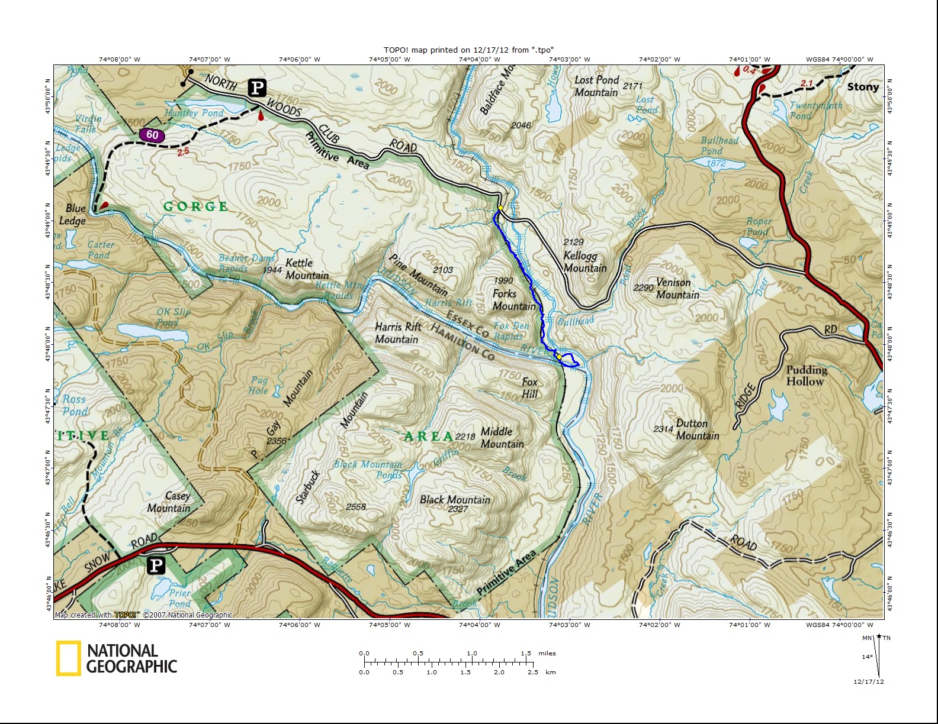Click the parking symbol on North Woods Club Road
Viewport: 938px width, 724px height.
(x=257, y=88)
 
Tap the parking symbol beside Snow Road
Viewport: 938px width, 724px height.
(x=156, y=565)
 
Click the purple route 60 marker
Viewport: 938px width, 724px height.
(x=152, y=135)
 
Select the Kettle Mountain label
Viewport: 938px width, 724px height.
(x=306, y=269)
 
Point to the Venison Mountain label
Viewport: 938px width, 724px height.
(x=677, y=289)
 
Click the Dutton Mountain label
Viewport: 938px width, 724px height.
(x=697, y=429)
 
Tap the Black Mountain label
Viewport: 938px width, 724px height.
(x=455, y=500)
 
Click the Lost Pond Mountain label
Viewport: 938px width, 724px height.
(x=596, y=86)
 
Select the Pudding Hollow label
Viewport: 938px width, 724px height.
(x=806, y=375)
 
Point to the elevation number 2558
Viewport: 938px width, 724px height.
(x=355, y=507)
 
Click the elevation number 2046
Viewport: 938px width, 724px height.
(x=521, y=125)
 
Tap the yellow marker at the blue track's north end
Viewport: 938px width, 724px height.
(x=501, y=208)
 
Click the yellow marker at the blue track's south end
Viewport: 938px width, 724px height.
(x=559, y=357)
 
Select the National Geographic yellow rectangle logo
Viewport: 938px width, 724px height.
(x=69, y=658)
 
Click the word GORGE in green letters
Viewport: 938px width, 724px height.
(x=195, y=206)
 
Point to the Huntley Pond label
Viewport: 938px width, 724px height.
(x=194, y=112)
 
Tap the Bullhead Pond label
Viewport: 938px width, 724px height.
(x=719, y=146)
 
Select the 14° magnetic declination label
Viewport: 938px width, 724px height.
(x=866, y=657)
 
